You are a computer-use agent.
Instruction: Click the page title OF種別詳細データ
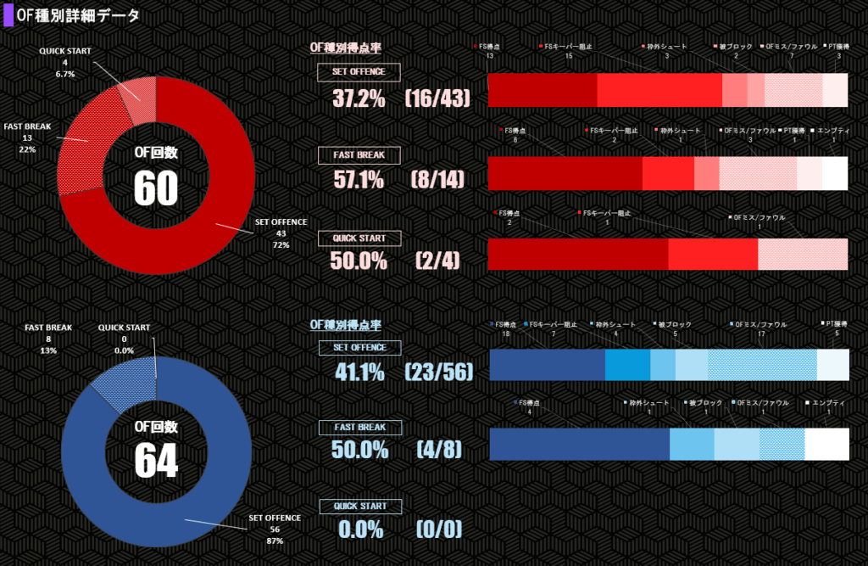[78, 15]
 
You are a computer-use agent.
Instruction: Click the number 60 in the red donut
[157, 189]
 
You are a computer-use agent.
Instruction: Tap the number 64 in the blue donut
[157, 461]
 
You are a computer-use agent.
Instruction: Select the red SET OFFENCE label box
[359, 72]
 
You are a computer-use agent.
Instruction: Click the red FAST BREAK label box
[359, 155]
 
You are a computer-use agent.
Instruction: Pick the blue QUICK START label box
[360, 507]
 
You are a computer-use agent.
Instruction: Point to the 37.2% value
[359, 99]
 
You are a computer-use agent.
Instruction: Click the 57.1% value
[359, 180]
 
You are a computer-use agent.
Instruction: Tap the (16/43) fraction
[437, 99]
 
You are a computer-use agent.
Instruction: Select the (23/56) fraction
[439, 372]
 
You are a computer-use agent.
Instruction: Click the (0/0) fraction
[439, 530]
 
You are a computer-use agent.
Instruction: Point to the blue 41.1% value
[359, 372]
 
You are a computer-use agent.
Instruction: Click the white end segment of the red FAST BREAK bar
[835, 173]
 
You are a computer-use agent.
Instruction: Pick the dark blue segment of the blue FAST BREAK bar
[580, 444]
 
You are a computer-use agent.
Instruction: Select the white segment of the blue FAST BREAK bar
[826, 444]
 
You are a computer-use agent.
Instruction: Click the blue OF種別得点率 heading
[346, 325]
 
